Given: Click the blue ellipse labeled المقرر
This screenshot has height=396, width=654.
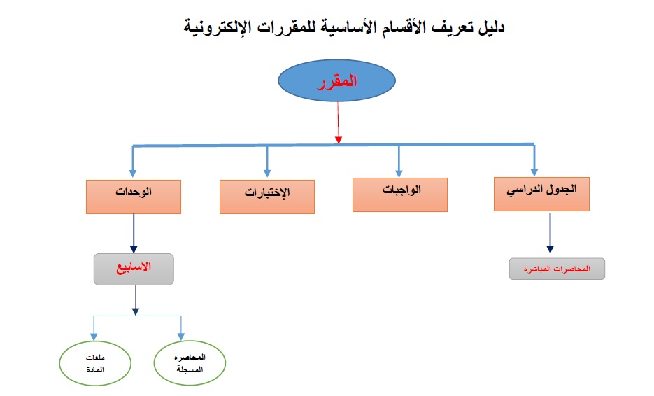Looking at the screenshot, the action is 336,80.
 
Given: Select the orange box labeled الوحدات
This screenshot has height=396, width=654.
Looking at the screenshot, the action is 134,197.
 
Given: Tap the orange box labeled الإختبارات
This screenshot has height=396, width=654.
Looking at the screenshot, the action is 267,197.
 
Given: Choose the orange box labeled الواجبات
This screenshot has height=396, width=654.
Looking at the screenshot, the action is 400,195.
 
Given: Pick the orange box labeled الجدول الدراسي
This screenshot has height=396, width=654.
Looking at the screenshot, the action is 541,194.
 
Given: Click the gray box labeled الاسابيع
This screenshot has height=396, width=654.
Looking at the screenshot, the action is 134,269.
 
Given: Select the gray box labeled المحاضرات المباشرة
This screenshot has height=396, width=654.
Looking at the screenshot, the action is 557,269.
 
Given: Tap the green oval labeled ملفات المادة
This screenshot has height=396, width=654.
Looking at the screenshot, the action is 95,363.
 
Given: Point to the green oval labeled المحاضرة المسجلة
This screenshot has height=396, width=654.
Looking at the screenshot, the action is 190,363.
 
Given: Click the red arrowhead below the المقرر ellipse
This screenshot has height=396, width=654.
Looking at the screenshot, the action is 339,140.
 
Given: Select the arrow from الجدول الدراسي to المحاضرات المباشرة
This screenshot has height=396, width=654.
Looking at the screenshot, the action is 550,233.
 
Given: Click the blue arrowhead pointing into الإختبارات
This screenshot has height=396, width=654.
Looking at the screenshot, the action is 267,174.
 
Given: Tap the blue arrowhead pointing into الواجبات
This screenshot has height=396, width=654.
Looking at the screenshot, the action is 399,174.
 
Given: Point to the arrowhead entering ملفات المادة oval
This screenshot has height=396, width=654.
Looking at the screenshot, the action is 94,337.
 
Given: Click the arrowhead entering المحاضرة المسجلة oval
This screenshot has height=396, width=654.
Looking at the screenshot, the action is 181,337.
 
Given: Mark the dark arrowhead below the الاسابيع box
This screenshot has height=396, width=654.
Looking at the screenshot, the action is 135,312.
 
